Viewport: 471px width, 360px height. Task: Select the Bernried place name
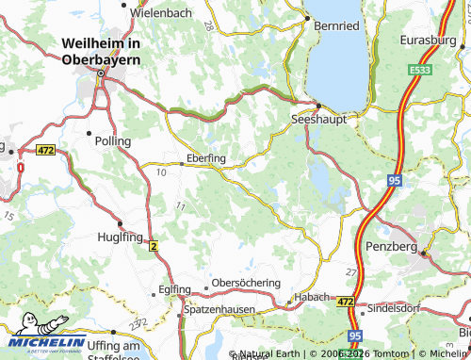(x=336, y=25)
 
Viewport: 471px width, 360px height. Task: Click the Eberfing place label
(x=206, y=159)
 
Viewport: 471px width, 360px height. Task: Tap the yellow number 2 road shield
(x=153, y=245)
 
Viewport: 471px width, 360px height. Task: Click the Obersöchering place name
(x=248, y=284)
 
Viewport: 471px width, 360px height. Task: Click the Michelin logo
(x=42, y=343)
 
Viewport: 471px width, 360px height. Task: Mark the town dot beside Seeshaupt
(x=318, y=106)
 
